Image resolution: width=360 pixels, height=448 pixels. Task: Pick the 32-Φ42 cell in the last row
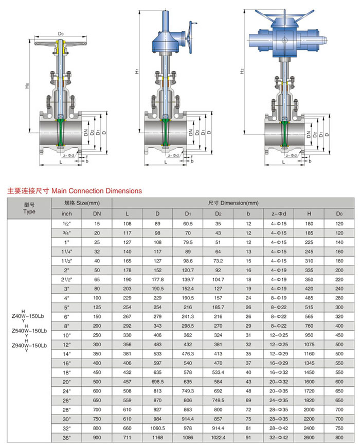pyautogui.click(x=278, y=437)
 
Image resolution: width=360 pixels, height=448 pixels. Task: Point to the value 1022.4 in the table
pyautogui.click(x=218, y=437)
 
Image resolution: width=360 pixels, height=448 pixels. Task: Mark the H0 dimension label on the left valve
pyautogui.click(x=27, y=87)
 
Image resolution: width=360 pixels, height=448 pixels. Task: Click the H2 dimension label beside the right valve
pyautogui.click(x=242, y=72)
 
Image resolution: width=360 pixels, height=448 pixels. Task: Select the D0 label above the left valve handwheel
pyautogui.click(x=61, y=33)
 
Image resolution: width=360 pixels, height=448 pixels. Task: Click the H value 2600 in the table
pyautogui.click(x=308, y=437)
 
